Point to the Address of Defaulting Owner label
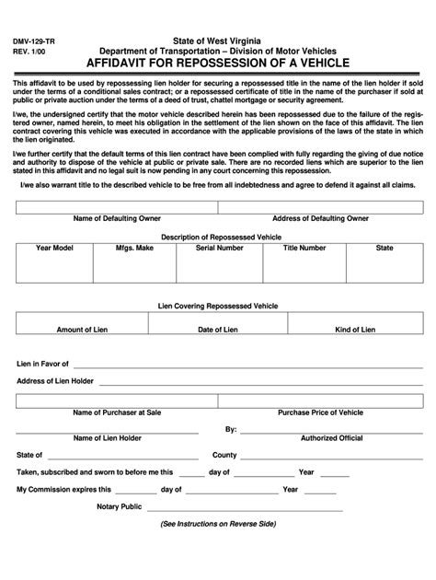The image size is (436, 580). [x=321, y=218]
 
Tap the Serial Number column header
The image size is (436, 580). [x=219, y=249]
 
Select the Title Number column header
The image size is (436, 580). [x=304, y=249]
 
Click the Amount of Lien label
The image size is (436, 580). [x=84, y=330]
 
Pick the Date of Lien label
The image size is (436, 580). [x=218, y=330]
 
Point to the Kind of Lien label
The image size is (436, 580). [x=354, y=330]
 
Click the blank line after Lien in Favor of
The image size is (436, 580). [x=248, y=365]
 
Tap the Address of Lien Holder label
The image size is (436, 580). [x=55, y=381]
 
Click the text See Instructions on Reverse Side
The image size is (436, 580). [x=218, y=524]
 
